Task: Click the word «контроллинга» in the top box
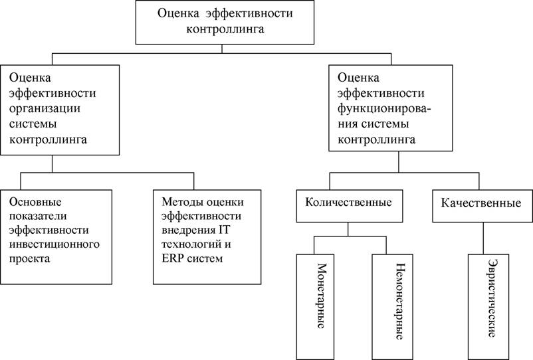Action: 225,29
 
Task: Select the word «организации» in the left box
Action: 45,109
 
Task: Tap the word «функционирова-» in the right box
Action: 384,109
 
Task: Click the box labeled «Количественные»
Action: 350,206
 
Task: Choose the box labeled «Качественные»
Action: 482,206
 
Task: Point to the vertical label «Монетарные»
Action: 321,296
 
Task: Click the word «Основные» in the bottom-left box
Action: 35,202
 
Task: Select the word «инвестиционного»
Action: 54,244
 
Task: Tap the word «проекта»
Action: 29,259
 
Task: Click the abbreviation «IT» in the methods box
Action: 224,230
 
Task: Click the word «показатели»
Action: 38,216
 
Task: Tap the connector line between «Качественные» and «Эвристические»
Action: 483,238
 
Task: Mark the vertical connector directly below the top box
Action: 222,49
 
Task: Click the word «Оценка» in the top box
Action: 178,13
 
